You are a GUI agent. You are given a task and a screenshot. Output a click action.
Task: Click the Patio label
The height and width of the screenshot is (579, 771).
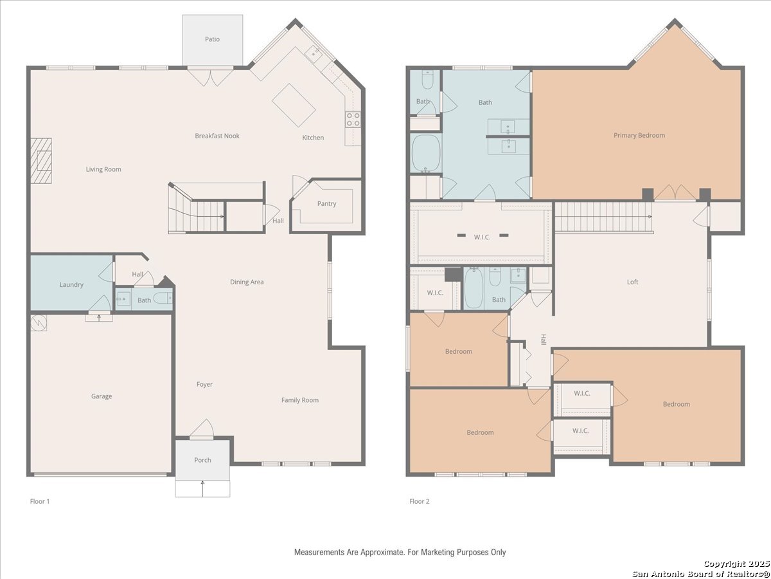coord(212,39)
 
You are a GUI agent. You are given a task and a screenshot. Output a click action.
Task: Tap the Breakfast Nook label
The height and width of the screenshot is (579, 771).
coord(217,136)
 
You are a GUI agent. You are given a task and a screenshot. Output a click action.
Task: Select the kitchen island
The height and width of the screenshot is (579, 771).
coord(294,105)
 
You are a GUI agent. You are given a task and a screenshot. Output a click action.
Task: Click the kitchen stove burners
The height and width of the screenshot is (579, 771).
coord(353,119)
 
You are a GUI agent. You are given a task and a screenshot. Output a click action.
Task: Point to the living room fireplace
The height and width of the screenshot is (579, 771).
coord(41,161)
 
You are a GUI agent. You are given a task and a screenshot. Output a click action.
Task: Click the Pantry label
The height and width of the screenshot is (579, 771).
coord(326,203)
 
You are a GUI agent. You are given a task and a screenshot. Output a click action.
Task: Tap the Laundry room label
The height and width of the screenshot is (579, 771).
coord(71,285)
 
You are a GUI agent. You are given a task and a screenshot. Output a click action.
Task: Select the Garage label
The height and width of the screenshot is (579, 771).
coord(102,396)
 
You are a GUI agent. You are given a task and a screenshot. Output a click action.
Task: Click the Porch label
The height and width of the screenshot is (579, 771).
coord(202,460)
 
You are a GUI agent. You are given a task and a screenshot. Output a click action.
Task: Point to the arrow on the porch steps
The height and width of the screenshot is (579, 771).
coord(202,488)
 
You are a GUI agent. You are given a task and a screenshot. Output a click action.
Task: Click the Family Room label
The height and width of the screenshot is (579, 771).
coord(300,400)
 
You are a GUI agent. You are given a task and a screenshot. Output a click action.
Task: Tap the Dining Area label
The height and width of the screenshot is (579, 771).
coord(247,282)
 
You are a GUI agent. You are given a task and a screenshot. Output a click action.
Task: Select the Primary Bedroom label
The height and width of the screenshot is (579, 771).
coord(639,135)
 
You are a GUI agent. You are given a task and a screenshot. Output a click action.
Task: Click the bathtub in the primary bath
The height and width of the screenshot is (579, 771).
coord(426,153)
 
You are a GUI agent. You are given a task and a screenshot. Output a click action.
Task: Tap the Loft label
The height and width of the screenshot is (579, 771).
coord(633,282)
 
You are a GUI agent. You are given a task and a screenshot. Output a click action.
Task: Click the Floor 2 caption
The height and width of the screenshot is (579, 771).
coord(420,501)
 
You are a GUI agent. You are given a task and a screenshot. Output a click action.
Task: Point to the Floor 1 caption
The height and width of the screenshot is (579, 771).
coord(40,501)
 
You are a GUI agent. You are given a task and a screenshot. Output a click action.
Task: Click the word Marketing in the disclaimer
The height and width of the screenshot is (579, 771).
coord(436,552)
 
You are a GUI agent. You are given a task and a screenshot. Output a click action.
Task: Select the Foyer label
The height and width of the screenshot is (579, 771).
coord(204,384)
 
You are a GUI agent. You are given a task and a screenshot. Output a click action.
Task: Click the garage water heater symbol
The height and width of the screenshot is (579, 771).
coord(39,323)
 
